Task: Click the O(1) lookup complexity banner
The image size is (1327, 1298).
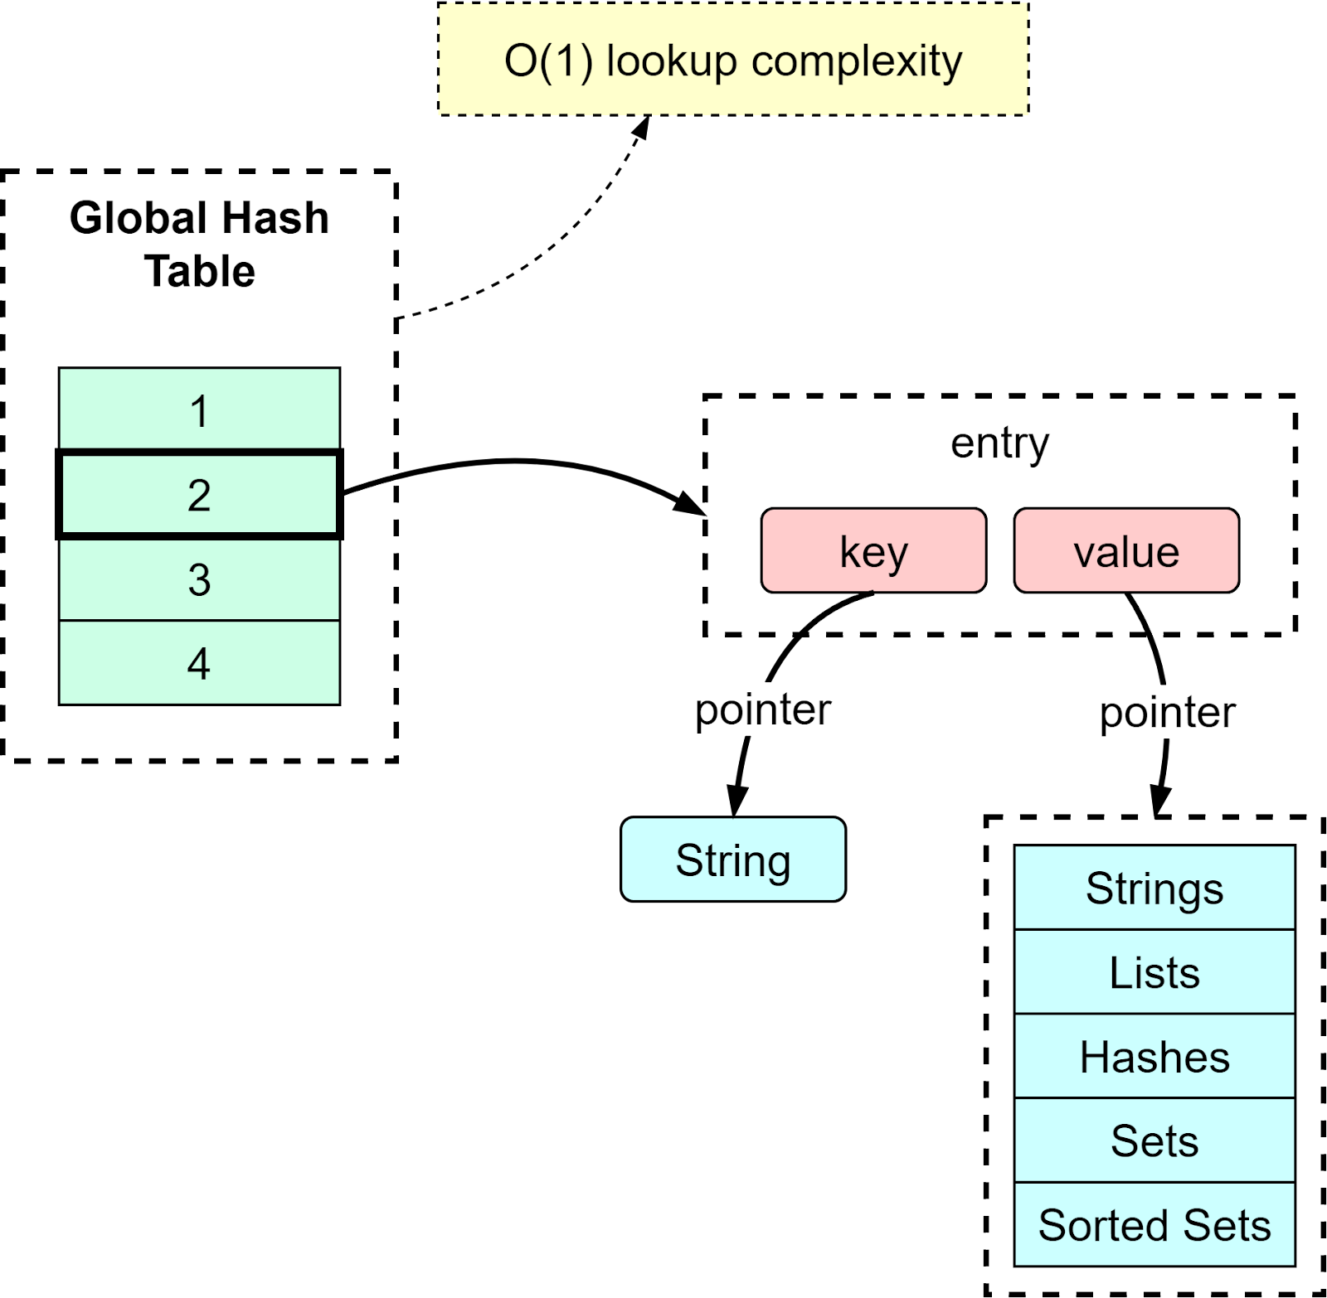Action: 733,60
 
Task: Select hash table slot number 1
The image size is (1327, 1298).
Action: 199,410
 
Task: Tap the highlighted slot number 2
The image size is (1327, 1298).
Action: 199,495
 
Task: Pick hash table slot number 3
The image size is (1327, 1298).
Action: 199,579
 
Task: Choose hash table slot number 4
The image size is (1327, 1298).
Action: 199,663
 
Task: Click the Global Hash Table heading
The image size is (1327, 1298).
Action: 199,244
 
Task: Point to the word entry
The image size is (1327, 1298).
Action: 999,443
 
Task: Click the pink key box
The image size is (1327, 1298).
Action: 873,550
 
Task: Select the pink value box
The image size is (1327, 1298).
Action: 1126,550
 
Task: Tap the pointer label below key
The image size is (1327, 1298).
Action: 762,709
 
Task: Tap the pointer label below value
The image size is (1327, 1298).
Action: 1167,711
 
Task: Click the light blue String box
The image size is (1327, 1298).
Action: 733,860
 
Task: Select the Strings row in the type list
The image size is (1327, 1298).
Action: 1154,888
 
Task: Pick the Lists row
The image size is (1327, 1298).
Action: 1154,972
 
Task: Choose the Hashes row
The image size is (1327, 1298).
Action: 1154,1057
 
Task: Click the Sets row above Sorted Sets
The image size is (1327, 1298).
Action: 1154,1141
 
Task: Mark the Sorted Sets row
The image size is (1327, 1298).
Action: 1154,1225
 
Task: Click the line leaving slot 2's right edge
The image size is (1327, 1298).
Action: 369,486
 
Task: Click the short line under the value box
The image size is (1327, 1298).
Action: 1139,613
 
